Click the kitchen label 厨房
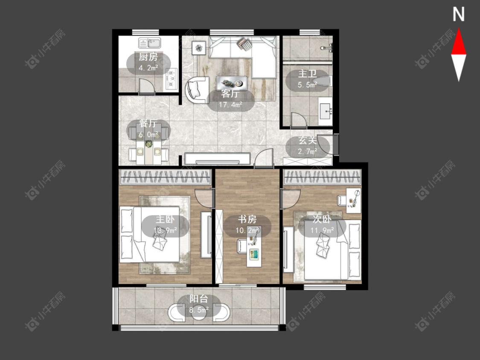pyautogui.click(x=148, y=57)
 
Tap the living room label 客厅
pyautogui.click(x=230, y=93)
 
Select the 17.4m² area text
pyautogui.click(x=230, y=105)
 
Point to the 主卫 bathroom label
pyautogui.click(x=307, y=74)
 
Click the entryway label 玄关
pyautogui.click(x=308, y=140)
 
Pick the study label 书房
pyautogui.click(x=247, y=219)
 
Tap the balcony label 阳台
pyautogui.click(x=199, y=299)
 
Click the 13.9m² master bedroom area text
pyautogui.click(x=165, y=230)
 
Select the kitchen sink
pyautogui.click(x=150, y=43)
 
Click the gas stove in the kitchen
pyautogui.click(x=172, y=78)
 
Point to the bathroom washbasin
pyautogui.click(x=326, y=111)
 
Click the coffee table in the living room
pyautogui.click(x=232, y=83)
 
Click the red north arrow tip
pyautogui.click(x=459, y=29)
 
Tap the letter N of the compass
pyautogui.click(x=459, y=15)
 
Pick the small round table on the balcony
pyautogui.click(x=199, y=312)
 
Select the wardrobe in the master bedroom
pyautogui.click(x=165, y=177)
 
